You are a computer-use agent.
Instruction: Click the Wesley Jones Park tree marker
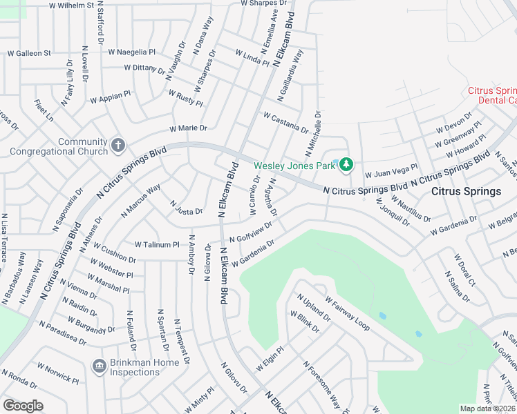coord(346,164)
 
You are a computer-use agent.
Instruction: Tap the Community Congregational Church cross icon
coord(118,146)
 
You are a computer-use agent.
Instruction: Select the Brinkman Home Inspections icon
coord(98,364)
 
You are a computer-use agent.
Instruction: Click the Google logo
coord(23,406)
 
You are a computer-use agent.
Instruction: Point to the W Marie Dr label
coord(188,128)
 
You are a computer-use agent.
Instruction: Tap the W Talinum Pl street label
coord(157,244)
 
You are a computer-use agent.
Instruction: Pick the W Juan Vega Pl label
coord(391,170)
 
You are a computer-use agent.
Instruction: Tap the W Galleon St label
coord(29,53)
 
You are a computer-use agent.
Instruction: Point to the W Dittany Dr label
coord(144,68)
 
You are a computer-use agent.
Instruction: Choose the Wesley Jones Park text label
coord(294,166)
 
